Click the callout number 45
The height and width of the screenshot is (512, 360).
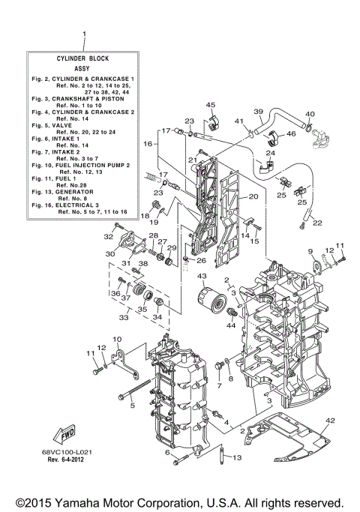[x=211, y=105]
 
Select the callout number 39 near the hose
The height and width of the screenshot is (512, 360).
[x=257, y=112]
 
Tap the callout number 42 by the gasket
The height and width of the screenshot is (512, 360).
[x=331, y=421]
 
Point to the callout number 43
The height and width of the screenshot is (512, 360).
[x=202, y=277]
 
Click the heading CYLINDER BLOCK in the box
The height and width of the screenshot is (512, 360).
[x=83, y=58]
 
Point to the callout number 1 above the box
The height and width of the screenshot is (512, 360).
[x=84, y=34]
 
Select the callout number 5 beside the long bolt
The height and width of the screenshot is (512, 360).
[x=132, y=406]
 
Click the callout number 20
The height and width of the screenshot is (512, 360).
[x=253, y=196]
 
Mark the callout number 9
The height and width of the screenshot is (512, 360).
[x=309, y=250]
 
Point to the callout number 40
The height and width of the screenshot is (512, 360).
[x=310, y=114]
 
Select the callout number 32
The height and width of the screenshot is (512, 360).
[x=109, y=236]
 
